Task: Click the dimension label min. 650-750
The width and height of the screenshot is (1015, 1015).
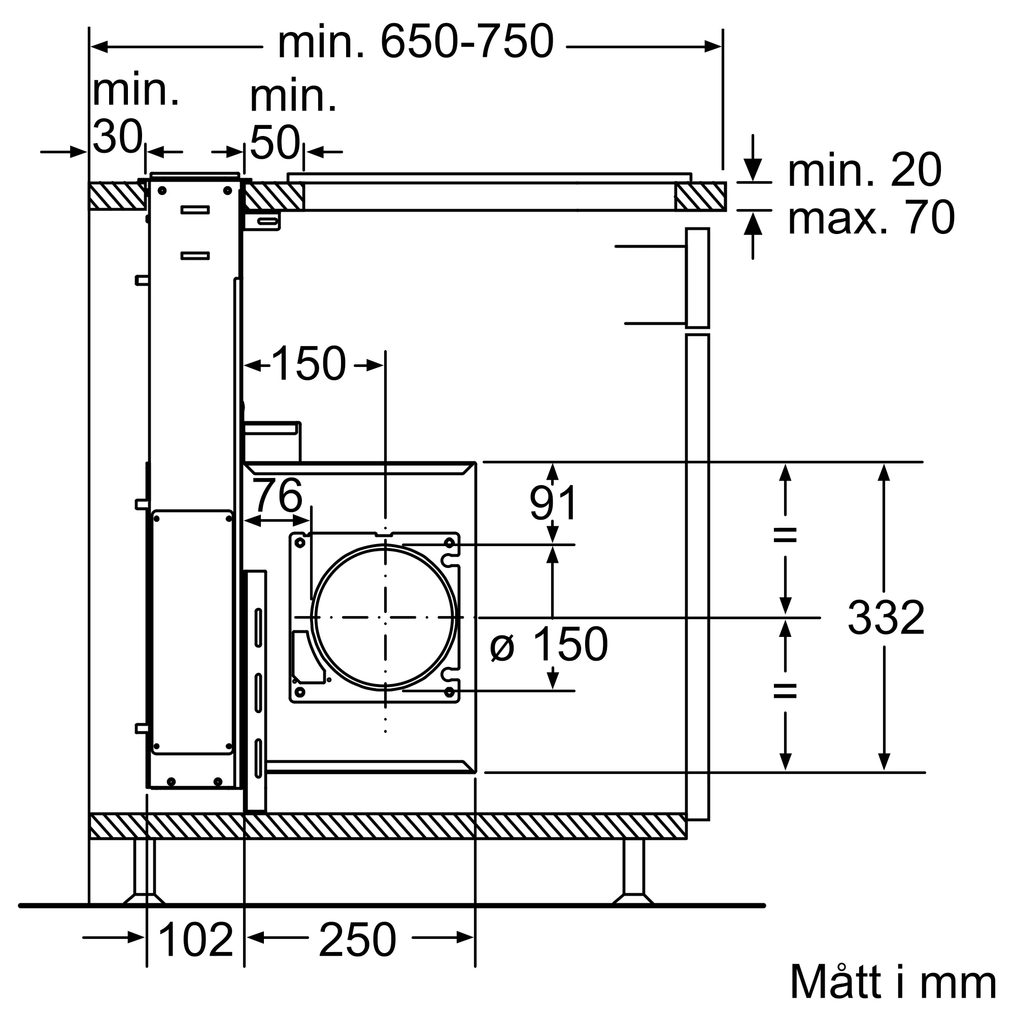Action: (x=415, y=42)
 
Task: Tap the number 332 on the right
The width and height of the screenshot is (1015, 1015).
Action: (x=886, y=618)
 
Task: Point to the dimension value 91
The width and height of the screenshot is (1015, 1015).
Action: (x=553, y=503)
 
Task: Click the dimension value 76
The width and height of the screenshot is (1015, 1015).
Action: (x=278, y=495)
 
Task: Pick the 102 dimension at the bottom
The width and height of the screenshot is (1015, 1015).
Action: (x=195, y=940)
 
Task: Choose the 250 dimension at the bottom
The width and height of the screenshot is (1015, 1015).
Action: (x=357, y=940)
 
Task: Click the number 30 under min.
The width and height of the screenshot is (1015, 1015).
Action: (x=117, y=137)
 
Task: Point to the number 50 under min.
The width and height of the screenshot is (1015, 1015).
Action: (x=274, y=143)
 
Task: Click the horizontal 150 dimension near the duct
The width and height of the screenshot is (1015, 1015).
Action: (x=309, y=363)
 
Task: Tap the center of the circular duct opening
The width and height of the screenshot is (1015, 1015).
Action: (x=385, y=617)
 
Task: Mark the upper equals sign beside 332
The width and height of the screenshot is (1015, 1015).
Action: (x=785, y=535)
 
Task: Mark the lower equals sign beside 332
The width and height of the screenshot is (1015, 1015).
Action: (x=785, y=691)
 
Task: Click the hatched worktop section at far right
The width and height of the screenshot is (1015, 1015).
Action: (x=700, y=196)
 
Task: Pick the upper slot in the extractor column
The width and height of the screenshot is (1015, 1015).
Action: (x=195, y=210)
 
